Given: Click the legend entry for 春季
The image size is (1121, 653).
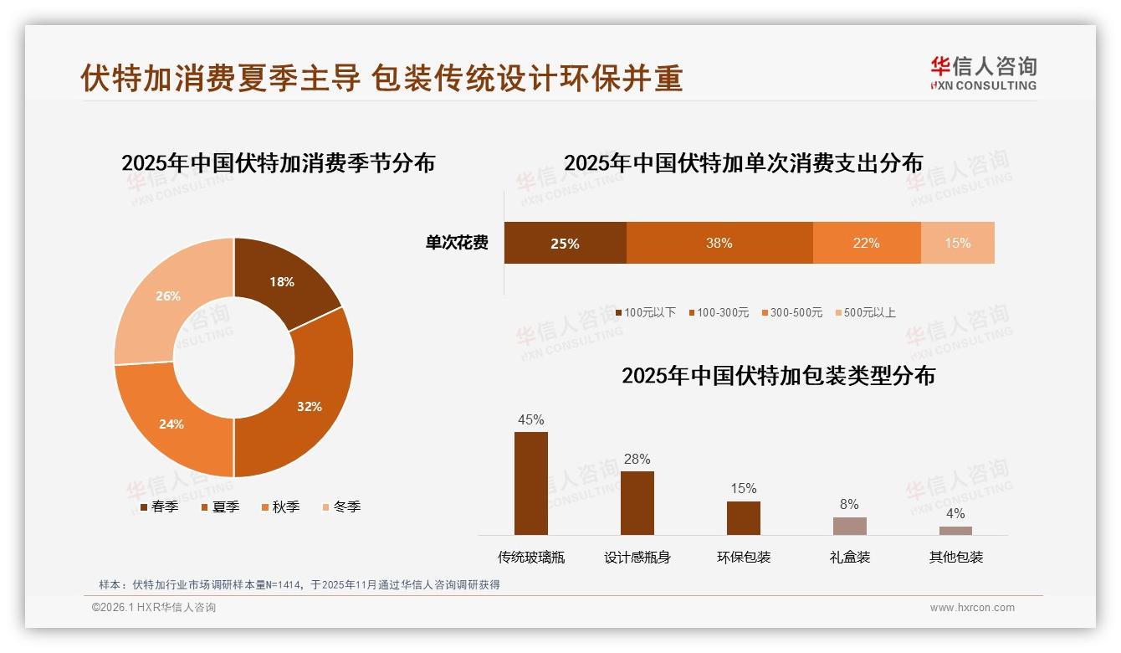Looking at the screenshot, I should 159,506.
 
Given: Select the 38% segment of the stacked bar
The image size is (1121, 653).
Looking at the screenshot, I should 719,243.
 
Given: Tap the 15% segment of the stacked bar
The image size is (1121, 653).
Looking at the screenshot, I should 957,243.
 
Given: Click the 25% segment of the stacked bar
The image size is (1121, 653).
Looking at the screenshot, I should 565,243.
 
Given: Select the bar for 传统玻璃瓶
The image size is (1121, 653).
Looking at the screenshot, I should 531,483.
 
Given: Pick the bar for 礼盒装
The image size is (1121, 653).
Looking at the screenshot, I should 849,526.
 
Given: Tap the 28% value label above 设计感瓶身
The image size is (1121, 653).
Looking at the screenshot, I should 637,459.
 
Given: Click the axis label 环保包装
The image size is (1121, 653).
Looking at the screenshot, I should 744,557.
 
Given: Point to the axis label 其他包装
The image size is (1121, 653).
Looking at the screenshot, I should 955,557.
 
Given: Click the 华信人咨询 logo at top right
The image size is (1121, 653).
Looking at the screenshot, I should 983,73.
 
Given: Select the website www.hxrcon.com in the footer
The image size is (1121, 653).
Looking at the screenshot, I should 972,608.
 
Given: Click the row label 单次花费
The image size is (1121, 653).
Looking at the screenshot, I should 457,243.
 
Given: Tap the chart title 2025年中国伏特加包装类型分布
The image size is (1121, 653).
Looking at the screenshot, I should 778,375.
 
